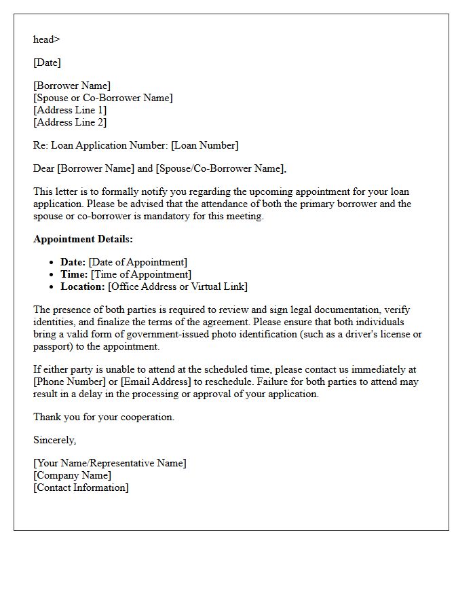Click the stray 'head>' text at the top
click(46, 39)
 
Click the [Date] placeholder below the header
click(47, 62)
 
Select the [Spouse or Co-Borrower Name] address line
click(102, 98)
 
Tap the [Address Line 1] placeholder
click(70, 110)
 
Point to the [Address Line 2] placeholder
click(70, 122)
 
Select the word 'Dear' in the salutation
click(44, 168)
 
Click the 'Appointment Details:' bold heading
click(83, 239)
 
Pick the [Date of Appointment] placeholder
click(138, 262)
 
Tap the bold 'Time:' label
click(74, 274)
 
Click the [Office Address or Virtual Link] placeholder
click(178, 286)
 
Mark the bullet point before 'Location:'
click(52, 286)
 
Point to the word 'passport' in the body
click(53, 346)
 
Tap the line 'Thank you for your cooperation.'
click(104, 417)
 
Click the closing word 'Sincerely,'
click(54, 440)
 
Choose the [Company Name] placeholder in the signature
click(72, 475)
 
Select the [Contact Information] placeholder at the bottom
click(81, 487)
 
